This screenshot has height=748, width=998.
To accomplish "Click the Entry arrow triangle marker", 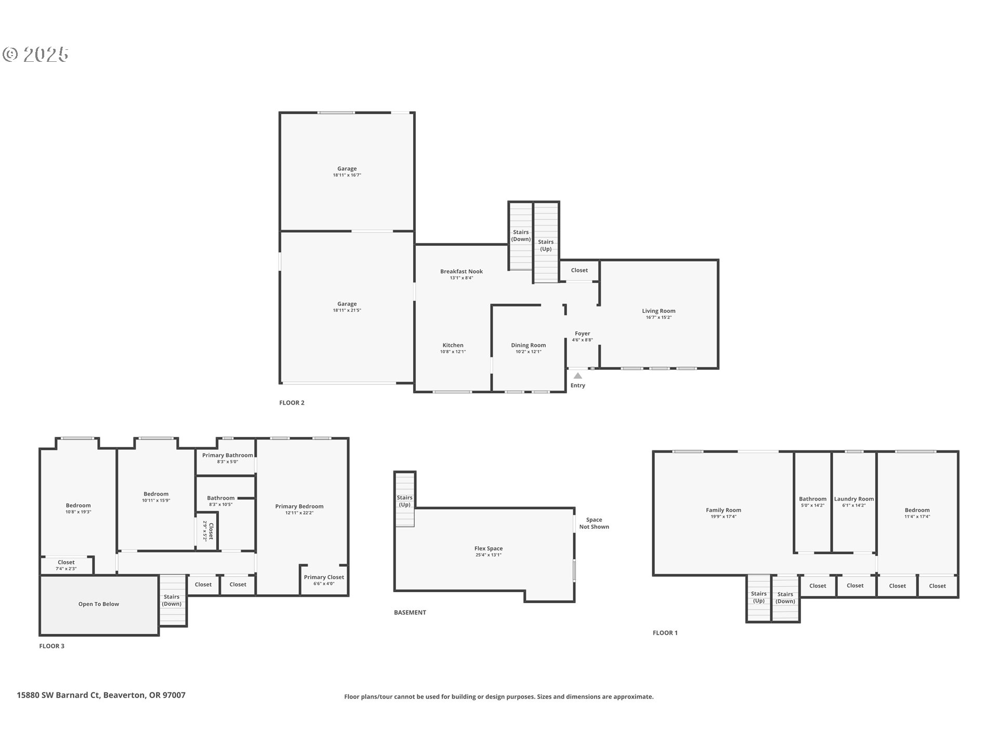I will (x=577, y=376).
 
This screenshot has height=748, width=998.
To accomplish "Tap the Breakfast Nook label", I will (x=461, y=271).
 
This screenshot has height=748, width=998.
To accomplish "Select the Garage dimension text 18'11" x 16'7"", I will (x=347, y=175).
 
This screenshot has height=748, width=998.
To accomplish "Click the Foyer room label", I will (x=582, y=333).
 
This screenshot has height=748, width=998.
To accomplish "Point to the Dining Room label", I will (x=528, y=345).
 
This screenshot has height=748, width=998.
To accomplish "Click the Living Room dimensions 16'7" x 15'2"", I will (x=659, y=317).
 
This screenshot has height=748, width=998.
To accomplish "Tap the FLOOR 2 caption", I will (x=292, y=403).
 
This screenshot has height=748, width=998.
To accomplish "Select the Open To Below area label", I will (x=99, y=604).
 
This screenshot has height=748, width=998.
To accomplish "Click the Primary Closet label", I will (x=324, y=577).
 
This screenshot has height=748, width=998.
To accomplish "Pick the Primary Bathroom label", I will (x=228, y=455).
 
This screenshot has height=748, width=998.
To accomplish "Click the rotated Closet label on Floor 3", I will (x=211, y=531).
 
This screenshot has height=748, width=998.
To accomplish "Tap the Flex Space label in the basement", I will (x=488, y=549).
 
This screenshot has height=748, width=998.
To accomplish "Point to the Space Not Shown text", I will (x=594, y=523).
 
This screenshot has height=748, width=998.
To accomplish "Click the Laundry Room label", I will (x=853, y=499).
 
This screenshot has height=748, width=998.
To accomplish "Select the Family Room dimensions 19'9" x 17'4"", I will (x=723, y=516).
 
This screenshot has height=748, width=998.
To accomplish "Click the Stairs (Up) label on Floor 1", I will (x=758, y=597).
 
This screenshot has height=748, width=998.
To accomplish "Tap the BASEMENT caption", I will (x=410, y=612).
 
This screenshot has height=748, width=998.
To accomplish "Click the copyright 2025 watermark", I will (x=35, y=55).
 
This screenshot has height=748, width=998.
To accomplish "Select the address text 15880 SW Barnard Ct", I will (x=58, y=695).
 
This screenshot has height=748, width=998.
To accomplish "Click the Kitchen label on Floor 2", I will (x=453, y=345).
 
